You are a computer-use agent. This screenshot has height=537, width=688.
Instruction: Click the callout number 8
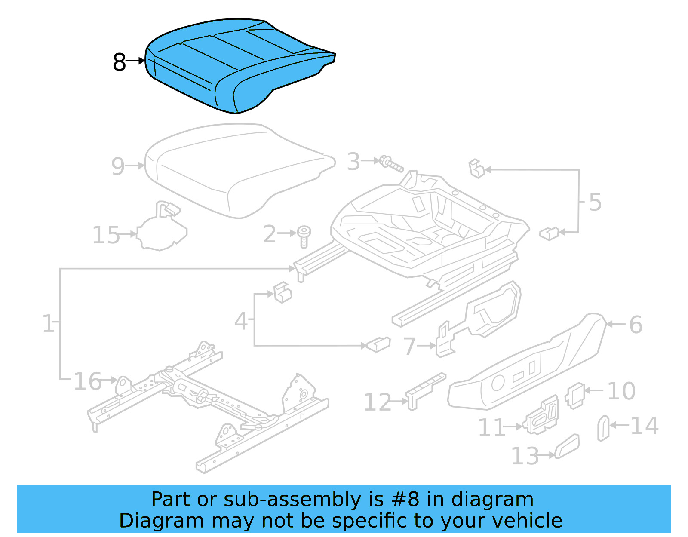click(x=119, y=62)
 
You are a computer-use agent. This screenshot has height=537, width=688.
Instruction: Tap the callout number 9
click(x=118, y=166)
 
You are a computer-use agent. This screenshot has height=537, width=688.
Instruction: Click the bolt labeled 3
click(x=391, y=164)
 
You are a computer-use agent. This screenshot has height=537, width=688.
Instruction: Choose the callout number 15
click(x=106, y=235)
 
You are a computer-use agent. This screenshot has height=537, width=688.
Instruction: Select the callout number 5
click(x=595, y=202)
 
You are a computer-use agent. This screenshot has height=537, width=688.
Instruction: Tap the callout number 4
click(x=241, y=321)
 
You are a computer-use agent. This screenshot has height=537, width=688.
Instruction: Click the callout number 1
click(x=48, y=323)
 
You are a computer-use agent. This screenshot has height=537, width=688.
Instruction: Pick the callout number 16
click(x=88, y=381)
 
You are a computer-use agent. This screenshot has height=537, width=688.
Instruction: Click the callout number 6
click(x=636, y=325)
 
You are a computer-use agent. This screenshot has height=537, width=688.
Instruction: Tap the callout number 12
click(x=378, y=402)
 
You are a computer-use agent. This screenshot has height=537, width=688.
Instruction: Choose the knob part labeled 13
click(x=567, y=446)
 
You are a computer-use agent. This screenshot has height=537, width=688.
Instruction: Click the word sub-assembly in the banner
click(x=292, y=500)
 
